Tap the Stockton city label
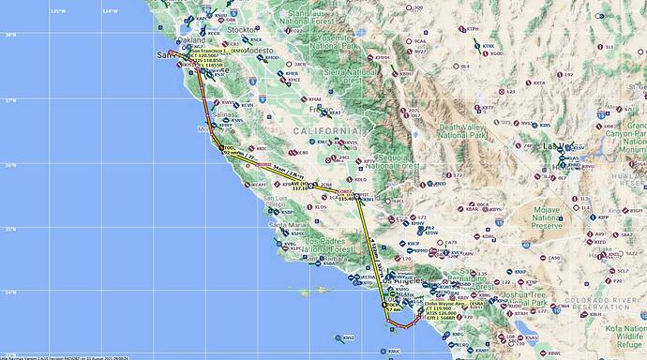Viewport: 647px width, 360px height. pos(242,30)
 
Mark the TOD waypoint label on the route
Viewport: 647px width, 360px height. pos(230,147)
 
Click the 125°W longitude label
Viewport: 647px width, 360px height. pos(58,10)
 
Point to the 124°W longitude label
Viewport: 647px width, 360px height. pos(111,10)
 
